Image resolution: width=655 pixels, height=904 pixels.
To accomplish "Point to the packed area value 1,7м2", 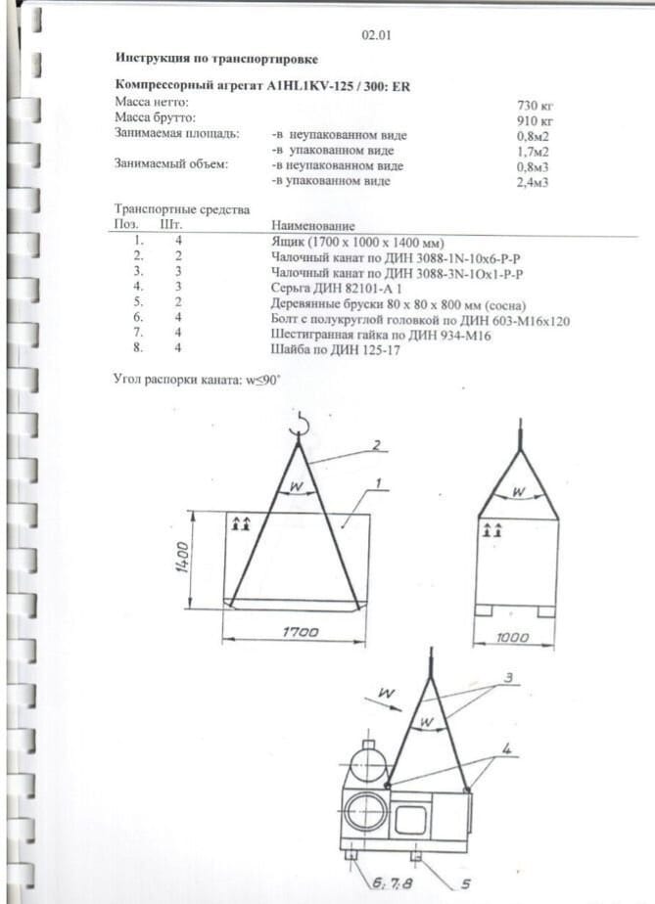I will pos(533,151).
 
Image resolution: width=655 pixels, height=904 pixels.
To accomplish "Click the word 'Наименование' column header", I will pos(313,226).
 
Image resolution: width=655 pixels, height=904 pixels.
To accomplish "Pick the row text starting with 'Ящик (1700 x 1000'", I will pos(357,241).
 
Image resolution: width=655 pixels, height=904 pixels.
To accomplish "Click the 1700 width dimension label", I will pos(301,633).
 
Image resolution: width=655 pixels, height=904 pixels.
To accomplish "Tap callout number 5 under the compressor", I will pos(465,882).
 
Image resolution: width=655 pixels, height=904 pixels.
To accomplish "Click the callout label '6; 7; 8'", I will pos(386,883).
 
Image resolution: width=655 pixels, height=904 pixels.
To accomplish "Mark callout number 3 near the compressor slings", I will pos(508,677).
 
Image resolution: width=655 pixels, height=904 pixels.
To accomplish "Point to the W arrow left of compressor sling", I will pos(386,695).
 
